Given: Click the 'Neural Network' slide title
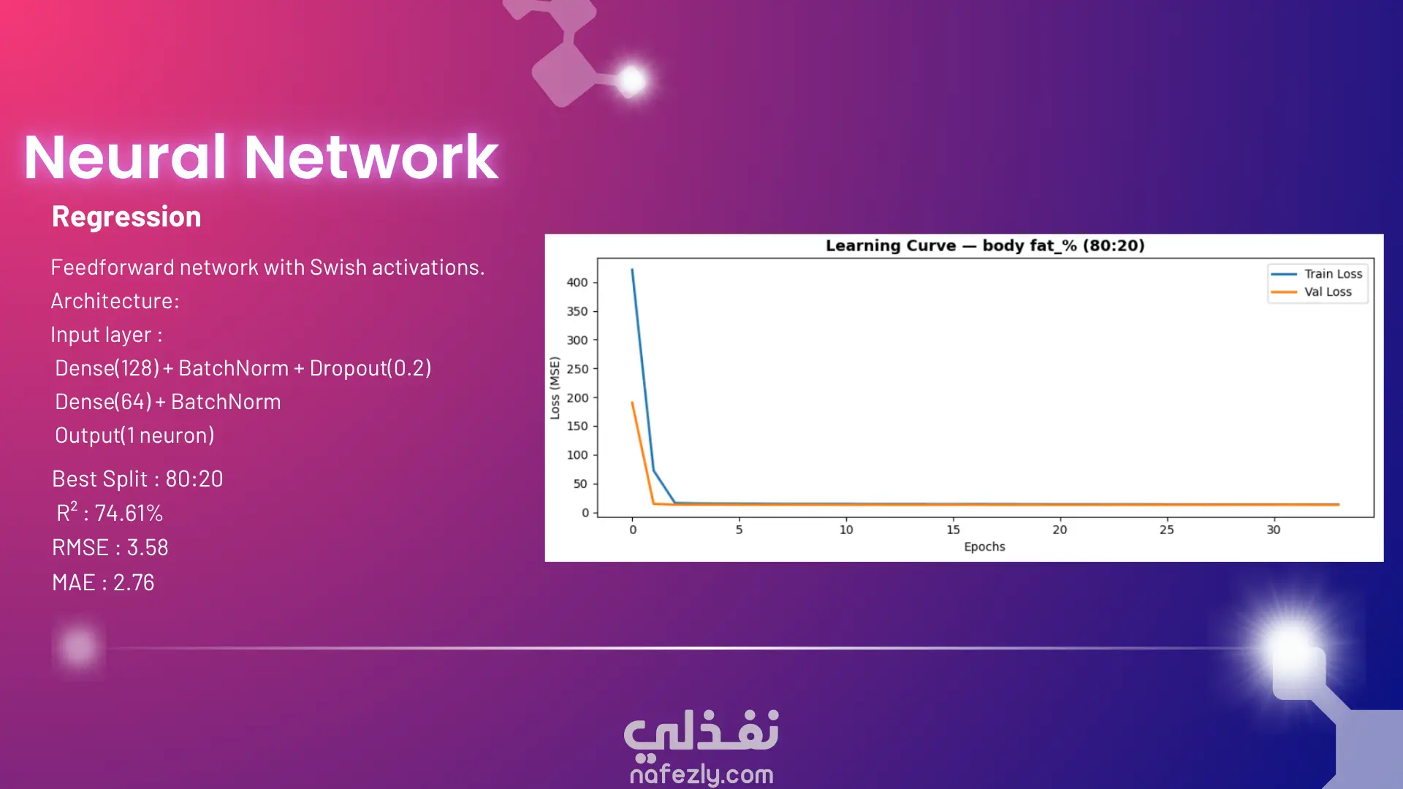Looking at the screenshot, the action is (x=261, y=157).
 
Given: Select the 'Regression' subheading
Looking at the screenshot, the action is (x=126, y=217).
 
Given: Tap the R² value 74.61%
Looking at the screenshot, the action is (x=129, y=514).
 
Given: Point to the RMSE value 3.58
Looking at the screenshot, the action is (x=148, y=548).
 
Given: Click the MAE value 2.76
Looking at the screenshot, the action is (x=134, y=583).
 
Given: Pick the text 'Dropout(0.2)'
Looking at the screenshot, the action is (x=370, y=368).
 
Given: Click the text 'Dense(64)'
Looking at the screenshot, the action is (x=104, y=402).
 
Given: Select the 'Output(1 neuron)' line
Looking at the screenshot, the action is (x=135, y=435).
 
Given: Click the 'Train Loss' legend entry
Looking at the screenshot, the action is (x=1317, y=274).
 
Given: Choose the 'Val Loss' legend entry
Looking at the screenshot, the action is (x=1312, y=292).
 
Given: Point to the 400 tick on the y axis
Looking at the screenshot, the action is (x=577, y=283).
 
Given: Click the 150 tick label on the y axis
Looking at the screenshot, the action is (x=577, y=426).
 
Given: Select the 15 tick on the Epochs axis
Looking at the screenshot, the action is (x=953, y=530).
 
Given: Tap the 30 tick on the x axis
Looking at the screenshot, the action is (x=1274, y=530).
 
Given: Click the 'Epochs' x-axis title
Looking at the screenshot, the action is (x=984, y=546).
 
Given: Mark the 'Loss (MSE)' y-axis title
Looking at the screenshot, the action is (x=555, y=388).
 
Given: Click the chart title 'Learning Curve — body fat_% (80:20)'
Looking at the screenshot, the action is (x=985, y=245).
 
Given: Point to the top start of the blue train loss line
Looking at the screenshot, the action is (x=632, y=270).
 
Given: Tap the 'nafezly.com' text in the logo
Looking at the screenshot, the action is (x=701, y=774).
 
